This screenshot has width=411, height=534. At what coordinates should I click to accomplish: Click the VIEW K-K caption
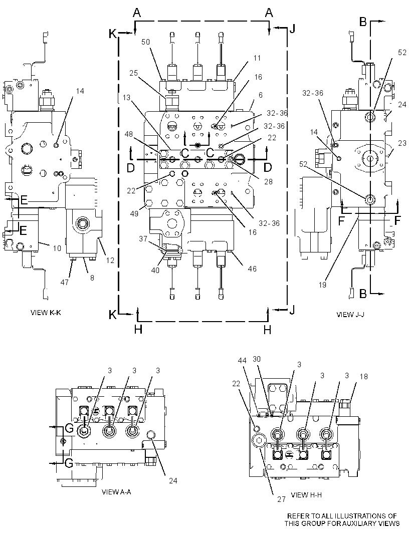click(x=46, y=312)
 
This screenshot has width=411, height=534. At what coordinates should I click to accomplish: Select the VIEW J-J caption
click(x=350, y=314)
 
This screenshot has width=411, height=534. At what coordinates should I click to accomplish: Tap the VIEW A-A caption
click(x=116, y=492)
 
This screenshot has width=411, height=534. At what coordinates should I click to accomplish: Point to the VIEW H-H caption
click(x=306, y=495)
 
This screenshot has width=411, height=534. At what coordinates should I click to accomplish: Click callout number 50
click(x=145, y=42)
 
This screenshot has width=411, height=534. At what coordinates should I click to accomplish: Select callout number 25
click(x=134, y=73)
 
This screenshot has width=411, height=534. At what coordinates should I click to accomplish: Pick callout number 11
click(x=257, y=58)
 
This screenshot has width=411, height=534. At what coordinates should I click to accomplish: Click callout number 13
click(x=126, y=98)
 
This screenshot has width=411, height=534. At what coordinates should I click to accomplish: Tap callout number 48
click(x=128, y=135)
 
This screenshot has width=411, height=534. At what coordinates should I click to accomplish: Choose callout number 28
click(x=269, y=181)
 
